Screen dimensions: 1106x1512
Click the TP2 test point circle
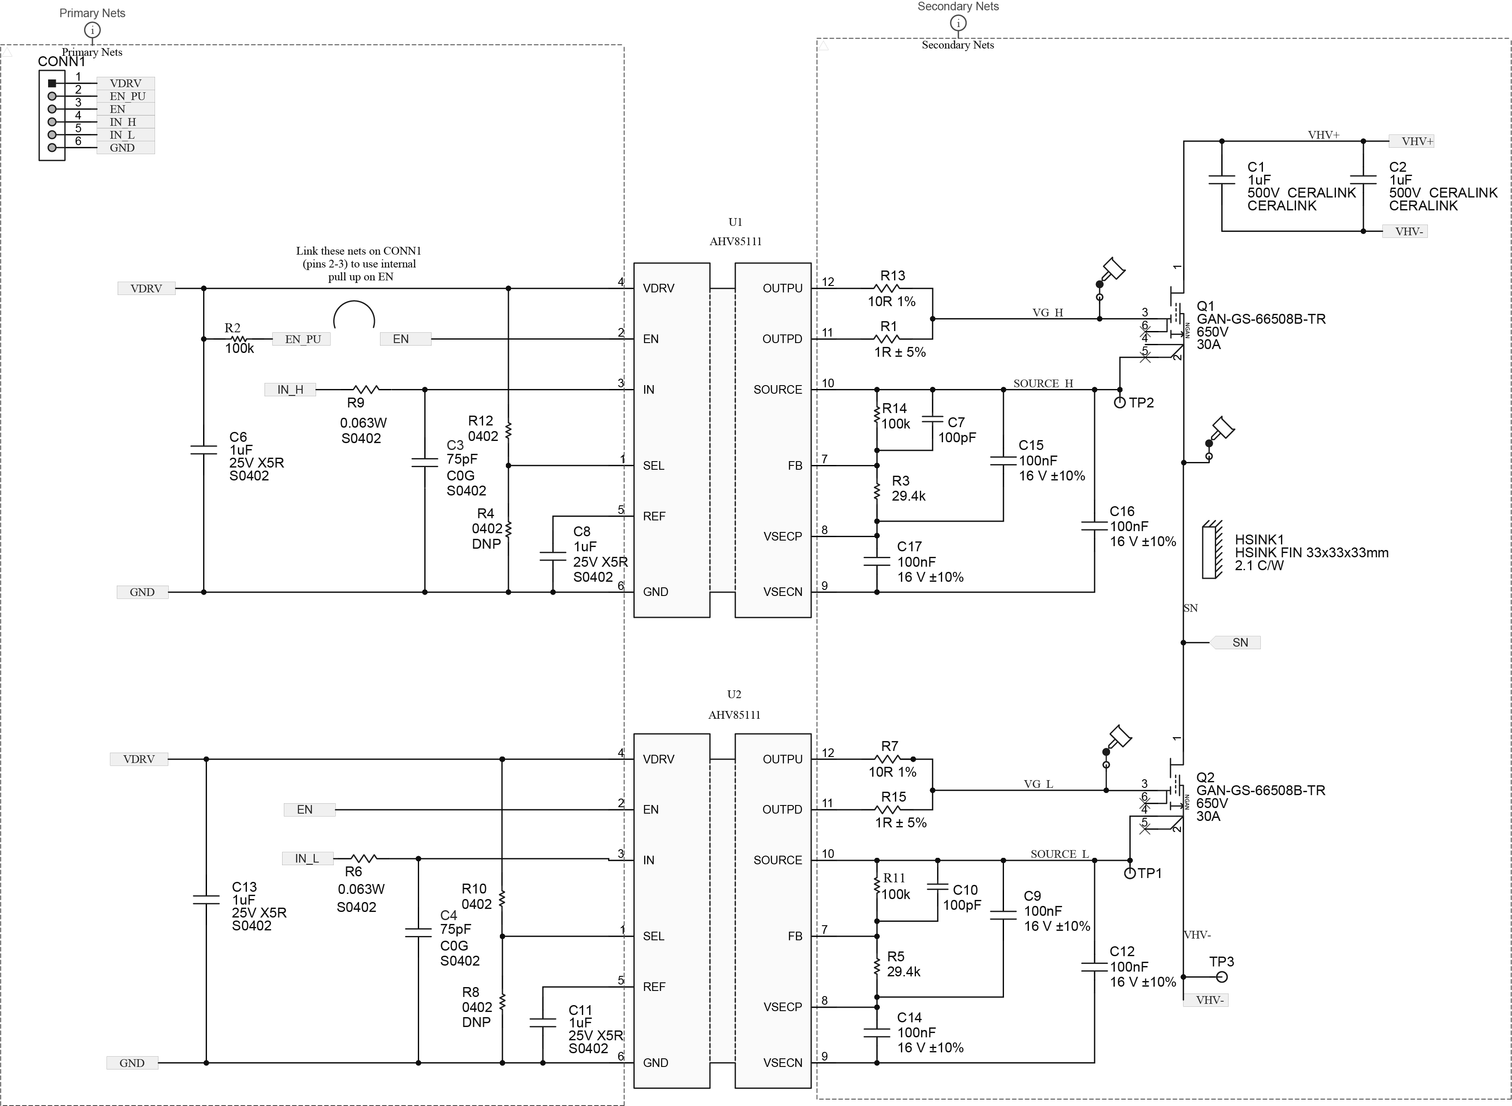click(x=1120, y=402)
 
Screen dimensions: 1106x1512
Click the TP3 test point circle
click(x=1221, y=977)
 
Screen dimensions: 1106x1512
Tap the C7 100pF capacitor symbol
click(x=933, y=420)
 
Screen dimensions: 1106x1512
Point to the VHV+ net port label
click(x=1412, y=141)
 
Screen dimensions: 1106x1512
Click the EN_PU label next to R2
click(x=302, y=339)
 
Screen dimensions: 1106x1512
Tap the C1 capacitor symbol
click(x=1222, y=179)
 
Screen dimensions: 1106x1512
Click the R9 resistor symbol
click(x=365, y=390)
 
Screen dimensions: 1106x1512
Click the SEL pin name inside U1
click(x=654, y=466)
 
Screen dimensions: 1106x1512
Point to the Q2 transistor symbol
click(x=1176, y=790)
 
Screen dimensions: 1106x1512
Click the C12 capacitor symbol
click(x=1094, y=967)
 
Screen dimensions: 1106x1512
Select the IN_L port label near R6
click(x=307, y=858)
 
